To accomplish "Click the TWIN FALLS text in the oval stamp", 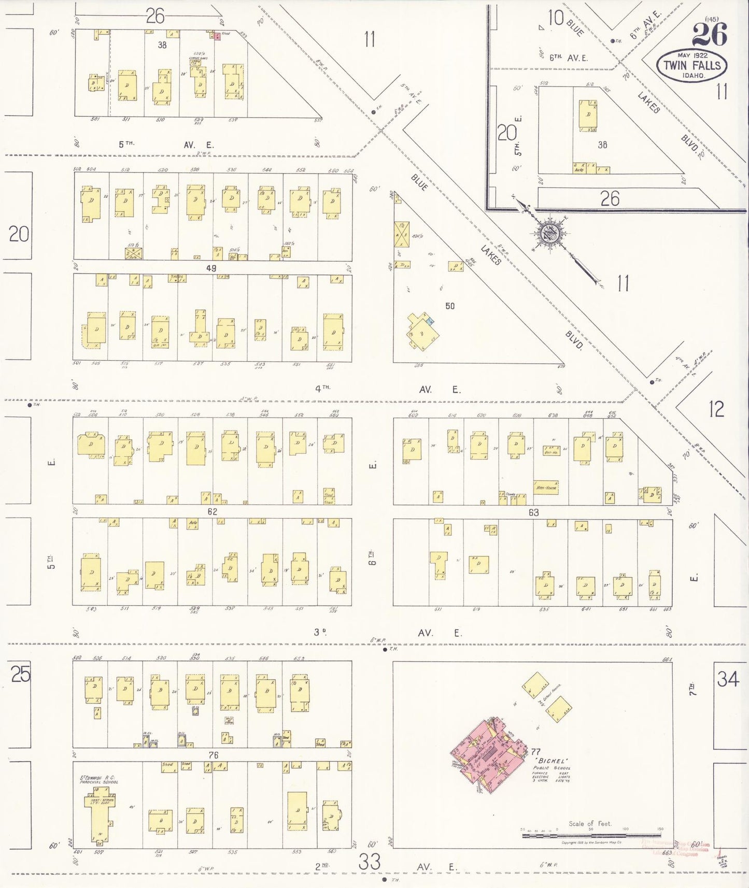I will pos(692,65).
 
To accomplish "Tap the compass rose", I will pos(549,235).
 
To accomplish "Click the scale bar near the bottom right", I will pos(591,835).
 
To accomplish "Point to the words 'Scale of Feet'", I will pos(590,823).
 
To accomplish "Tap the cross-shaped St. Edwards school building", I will pos(99,813).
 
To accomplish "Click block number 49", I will pos(211,268).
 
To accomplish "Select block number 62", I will pos(212,512).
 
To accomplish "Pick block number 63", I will pos(533,512).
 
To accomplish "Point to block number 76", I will pos(213,755).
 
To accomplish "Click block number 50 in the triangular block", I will pos(450,306).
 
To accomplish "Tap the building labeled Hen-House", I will pos(546,488).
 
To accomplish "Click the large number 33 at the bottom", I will pos(370,862).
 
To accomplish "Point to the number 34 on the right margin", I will pos(728,679).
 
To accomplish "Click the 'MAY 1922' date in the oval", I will pos(692,54).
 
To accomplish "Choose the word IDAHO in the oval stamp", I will pos(693,76).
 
